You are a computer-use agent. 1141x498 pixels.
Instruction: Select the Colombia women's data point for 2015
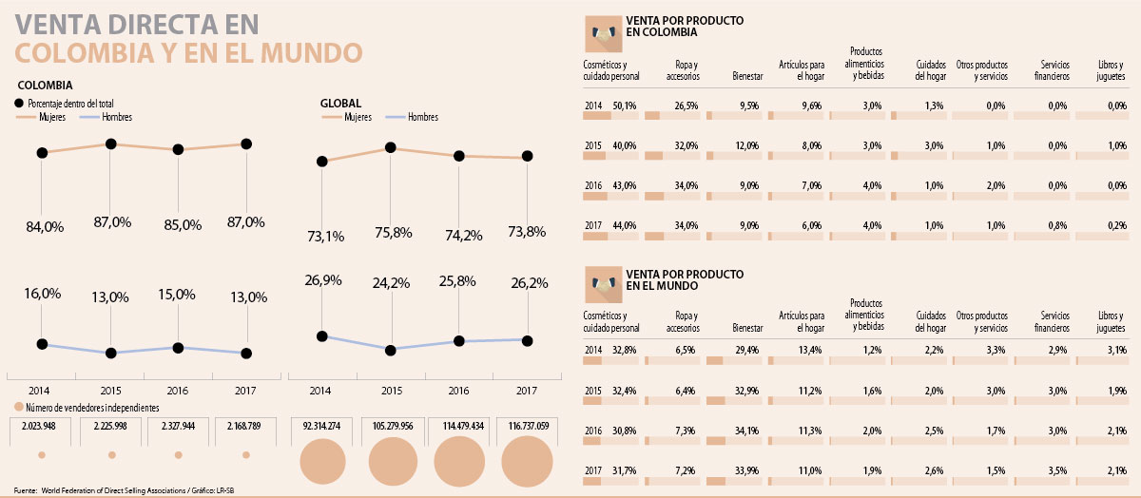pos(111,144)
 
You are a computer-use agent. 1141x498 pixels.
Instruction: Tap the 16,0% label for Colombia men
pos(41,295)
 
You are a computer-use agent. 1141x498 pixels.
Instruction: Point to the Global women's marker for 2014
pos(322,162)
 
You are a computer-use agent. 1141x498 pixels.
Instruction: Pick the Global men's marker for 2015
pos(390,350)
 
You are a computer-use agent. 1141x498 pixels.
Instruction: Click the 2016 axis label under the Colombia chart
pos(179,391)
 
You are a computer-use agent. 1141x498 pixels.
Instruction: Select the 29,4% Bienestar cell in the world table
pos(748,351)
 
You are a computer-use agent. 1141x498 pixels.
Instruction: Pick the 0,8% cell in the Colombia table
pos(1058,225)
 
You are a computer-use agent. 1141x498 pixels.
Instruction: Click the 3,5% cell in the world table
pos(1058,469)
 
